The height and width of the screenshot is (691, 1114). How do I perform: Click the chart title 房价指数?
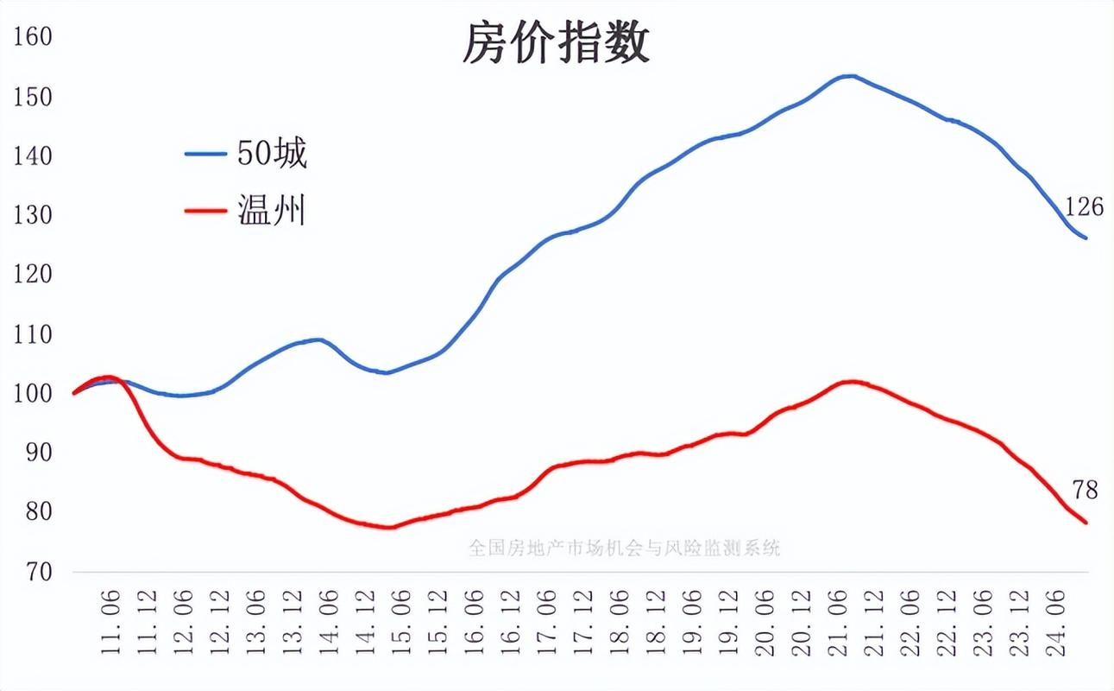tap(556, 42)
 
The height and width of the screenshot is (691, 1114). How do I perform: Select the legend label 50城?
tap(272, 154)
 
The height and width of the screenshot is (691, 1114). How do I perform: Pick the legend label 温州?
tap(272, 210)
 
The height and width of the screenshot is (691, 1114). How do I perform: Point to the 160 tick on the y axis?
tap(34, 36)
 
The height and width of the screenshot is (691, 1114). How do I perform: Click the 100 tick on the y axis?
tap(34, 393)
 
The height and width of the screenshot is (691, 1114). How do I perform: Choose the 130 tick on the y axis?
tap(34, 215)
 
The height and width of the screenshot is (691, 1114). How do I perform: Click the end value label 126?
tap(1084, 207)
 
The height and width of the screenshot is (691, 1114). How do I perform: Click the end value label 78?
tap(1085, 491)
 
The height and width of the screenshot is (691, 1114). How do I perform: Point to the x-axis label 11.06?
tap(111, 623)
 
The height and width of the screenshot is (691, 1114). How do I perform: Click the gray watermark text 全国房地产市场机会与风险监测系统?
tap(624, 548)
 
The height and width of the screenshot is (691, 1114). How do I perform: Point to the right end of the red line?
tap(1086, 523)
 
